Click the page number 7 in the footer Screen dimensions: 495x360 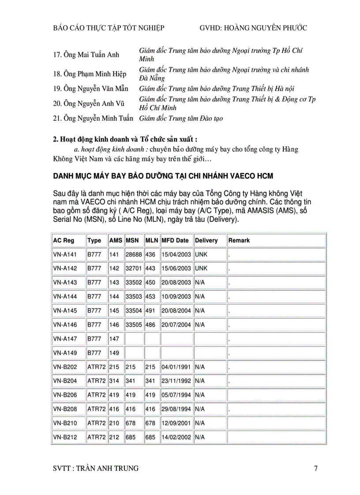315,469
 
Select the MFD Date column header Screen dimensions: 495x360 175,241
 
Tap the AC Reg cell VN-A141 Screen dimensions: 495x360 64,255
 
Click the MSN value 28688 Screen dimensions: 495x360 134,255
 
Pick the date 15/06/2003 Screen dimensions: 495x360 176,268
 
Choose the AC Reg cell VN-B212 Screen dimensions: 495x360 64,437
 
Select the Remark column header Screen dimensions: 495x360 239,241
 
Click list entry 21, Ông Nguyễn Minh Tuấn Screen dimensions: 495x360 93,118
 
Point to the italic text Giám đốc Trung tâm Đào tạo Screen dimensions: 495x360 181,118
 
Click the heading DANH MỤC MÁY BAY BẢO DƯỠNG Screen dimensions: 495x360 163,176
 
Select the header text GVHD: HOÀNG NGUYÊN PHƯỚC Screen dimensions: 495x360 253,28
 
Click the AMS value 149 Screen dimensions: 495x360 114,353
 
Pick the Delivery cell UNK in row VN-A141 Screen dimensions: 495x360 201,255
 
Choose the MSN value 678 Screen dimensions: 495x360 131,423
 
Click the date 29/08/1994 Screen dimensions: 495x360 176,409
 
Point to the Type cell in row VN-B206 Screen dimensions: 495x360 96,395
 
